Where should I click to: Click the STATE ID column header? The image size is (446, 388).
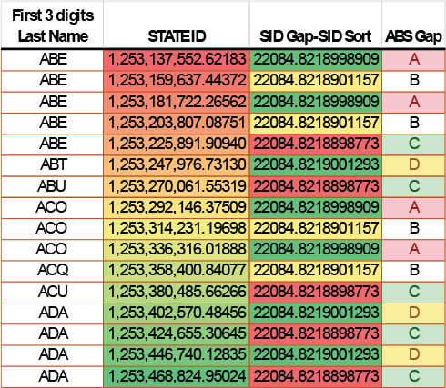pos(177,36)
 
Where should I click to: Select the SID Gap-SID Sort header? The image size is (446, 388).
pos(316,36)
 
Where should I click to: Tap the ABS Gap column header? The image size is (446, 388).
pos(413,36)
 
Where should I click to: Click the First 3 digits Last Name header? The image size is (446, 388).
pos(53,25)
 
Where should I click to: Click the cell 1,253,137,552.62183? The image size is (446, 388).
pos(177,59)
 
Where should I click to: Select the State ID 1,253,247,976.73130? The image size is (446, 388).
pos(177,164)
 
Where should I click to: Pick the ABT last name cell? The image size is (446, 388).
pos(53,164)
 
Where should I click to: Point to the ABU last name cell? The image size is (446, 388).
pos(52,186)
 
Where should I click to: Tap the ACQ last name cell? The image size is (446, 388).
pos(53,270)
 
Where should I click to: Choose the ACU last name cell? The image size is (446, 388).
pos(53,292)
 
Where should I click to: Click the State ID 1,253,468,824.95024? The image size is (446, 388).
pos(177,376)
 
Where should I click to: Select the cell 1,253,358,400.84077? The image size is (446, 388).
pos(177,270)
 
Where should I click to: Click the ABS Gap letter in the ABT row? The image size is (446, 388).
pos(414,164)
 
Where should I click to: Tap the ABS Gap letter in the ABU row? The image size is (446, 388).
pos(414,186)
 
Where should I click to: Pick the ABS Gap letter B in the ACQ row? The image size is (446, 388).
pos(414,270)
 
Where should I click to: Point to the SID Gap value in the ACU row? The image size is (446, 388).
pos(316,292)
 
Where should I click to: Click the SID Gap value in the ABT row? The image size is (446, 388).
pos(316,164)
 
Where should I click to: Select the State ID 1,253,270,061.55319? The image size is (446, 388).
pos(177,186)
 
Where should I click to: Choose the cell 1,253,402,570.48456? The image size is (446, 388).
pos(177,313)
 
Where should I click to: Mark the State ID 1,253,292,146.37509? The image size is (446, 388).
pos(177,207)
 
